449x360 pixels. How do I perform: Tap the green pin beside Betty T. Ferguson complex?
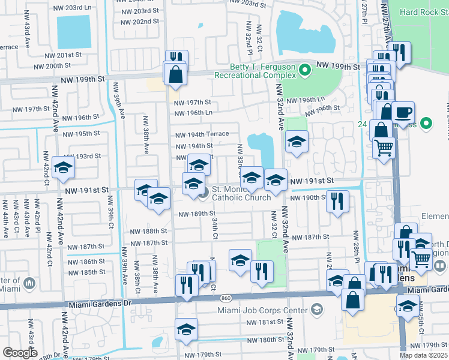305,71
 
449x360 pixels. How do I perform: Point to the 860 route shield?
225,298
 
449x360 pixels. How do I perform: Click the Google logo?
20,352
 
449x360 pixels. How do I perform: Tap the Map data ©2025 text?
423,355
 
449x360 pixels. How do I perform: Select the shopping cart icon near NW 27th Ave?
384,147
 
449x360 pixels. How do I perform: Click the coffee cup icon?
403,112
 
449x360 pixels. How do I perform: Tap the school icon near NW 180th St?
187,329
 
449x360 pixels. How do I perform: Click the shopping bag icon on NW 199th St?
175,74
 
